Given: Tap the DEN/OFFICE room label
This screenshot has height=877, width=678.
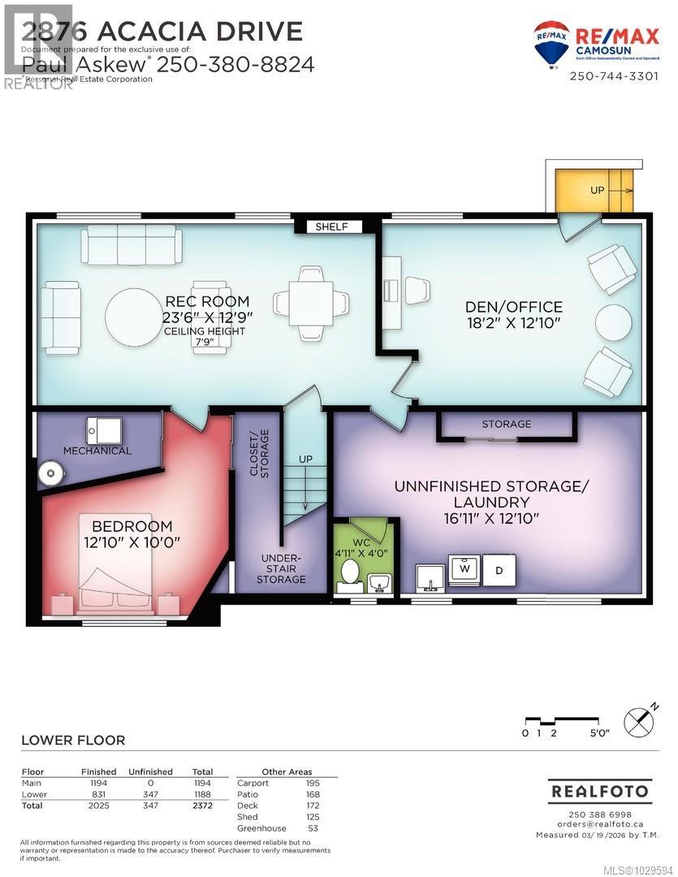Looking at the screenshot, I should pos(513,306).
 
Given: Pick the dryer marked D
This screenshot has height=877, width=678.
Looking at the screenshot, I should pos(499,570).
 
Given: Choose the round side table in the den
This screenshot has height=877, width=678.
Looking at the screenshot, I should pos(614,323).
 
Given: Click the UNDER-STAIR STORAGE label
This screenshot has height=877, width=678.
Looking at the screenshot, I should pos(282,568).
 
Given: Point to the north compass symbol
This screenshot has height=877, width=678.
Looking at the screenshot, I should pos(639,720).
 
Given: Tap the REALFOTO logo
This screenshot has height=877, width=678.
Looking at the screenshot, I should pos(600,790).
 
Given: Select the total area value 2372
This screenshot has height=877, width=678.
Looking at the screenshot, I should pos(202,806).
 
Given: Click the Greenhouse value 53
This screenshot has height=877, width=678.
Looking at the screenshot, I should pos(313,828).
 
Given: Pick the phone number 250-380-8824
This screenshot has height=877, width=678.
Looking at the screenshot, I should pos(235,63).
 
